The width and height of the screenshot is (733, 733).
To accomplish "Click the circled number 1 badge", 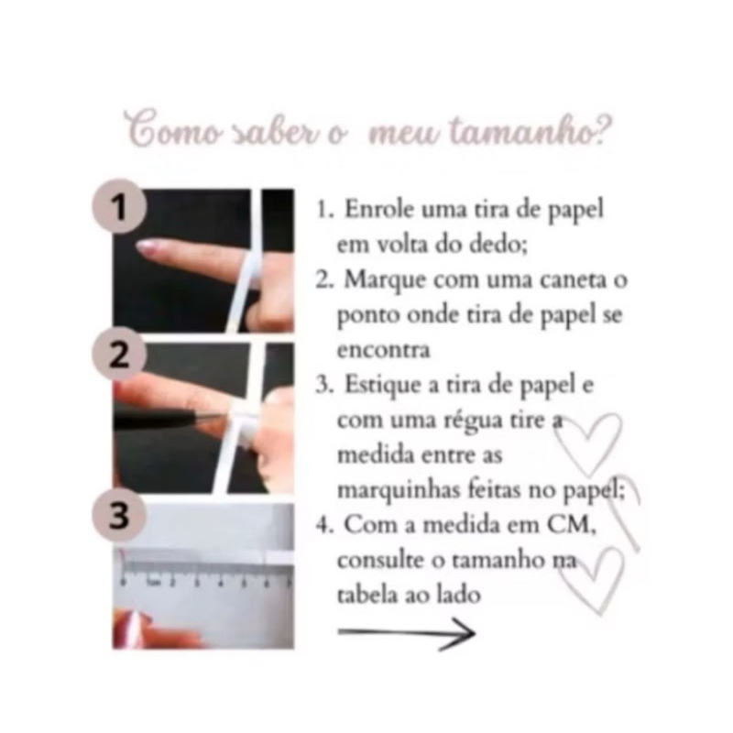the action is [119, 207].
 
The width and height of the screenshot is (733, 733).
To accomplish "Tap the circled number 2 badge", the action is [119, 354].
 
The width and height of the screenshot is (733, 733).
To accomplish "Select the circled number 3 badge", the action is [119, 515].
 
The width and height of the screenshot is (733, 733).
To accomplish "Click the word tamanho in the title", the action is [531, 131].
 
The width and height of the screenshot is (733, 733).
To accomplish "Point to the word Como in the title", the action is [174, 128].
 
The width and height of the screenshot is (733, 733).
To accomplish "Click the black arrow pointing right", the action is [406, 633].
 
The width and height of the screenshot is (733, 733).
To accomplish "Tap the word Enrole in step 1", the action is [379, 209].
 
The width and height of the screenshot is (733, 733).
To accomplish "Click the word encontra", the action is [383, 351].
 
